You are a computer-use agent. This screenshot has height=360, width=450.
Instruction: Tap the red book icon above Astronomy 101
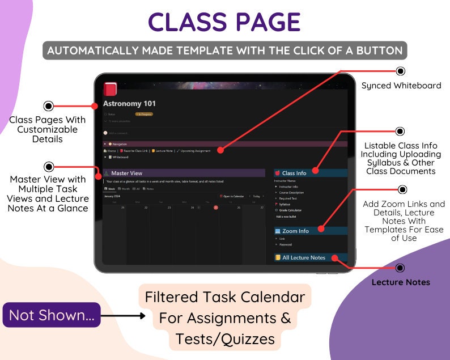(x=110, y=90)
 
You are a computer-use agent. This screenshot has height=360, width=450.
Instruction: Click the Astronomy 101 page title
(x=129, y=104)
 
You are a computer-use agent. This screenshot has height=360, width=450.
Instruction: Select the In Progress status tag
(x=144, y=114)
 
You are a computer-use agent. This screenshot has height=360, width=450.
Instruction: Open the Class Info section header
(x=294, y=173)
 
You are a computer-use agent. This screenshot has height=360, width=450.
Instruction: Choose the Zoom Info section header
(x=295, y=231)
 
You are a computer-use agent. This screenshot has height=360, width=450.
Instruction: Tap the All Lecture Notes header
(x=303, y=257)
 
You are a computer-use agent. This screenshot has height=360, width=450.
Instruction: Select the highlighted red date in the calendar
(x=215, y=207)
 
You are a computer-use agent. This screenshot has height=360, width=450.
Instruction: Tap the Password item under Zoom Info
(x=286, y=244)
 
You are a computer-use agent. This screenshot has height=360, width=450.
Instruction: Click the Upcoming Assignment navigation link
(x=196, y=151)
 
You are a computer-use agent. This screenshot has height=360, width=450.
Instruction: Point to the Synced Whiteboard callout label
(x=401, y=86)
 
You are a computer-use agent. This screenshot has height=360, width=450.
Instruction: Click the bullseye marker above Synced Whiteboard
(x=401, y=71)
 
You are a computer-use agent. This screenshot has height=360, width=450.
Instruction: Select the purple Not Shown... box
(x=52, y=315)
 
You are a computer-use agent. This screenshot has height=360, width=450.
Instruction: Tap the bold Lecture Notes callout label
(x=401, y=282)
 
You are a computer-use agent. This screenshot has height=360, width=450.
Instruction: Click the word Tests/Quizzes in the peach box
(x=225, y=339)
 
